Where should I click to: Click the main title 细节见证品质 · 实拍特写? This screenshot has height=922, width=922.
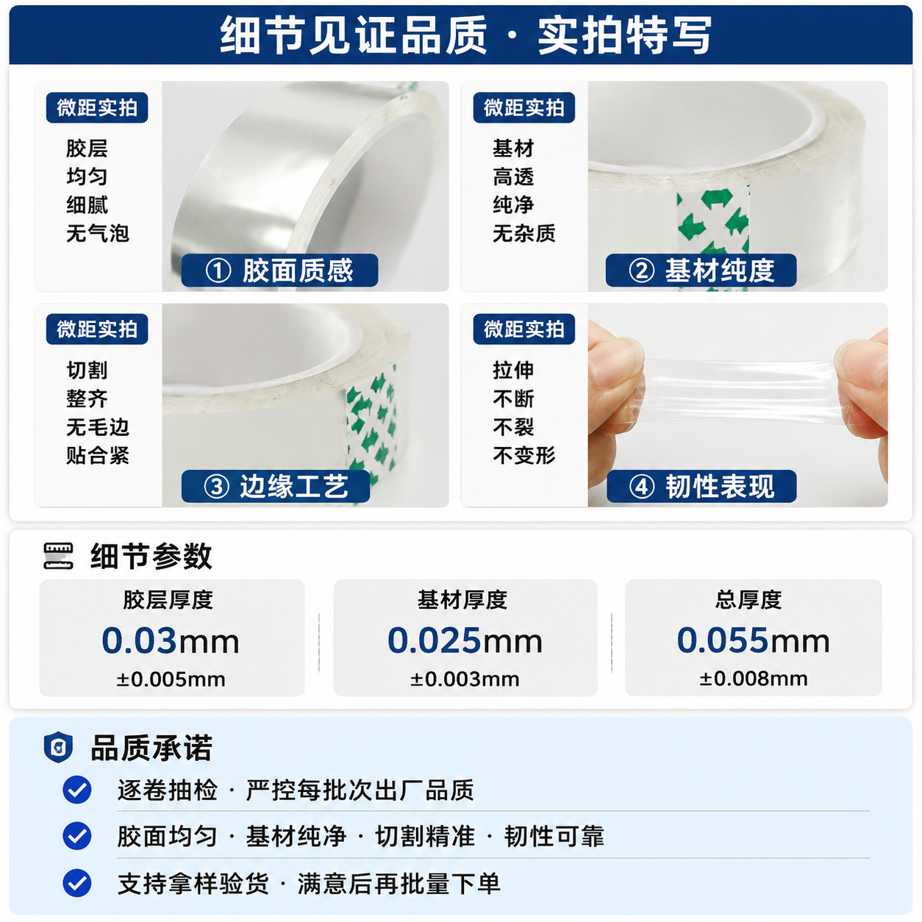465,35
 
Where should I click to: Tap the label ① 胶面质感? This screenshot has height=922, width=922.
279,271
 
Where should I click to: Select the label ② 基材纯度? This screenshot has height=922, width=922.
701,271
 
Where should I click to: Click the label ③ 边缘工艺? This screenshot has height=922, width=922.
276,486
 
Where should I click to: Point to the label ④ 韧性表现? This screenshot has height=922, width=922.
701,486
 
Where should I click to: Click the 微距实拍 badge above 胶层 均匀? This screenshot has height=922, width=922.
97,107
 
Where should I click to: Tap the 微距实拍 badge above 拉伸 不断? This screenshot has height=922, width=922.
524,329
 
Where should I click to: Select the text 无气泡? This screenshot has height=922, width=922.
98,234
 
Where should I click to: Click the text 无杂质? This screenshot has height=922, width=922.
524,234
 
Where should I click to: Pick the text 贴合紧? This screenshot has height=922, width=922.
98,455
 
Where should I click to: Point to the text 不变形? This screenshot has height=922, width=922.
524,455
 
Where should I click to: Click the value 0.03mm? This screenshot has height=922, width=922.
171,640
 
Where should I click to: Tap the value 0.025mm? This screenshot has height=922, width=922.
465,640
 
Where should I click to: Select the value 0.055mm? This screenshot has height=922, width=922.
753,640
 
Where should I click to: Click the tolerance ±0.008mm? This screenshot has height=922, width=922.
754,679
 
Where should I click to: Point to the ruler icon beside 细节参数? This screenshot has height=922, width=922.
58,556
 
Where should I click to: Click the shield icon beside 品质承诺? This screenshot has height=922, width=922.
58,747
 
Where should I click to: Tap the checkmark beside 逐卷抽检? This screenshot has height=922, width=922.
77,790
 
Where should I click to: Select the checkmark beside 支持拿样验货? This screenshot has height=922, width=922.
77,883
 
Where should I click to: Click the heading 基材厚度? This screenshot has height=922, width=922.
462,599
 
